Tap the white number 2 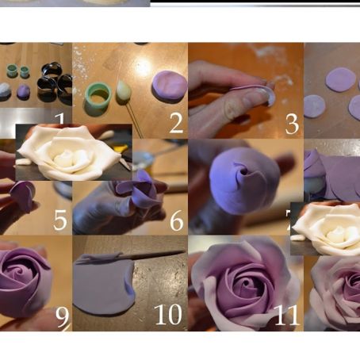click(175, 122)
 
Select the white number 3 click(292, 123)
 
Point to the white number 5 click(60, 220)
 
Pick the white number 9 click(61, 316)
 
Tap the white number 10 click(168, 315)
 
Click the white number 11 click(285, 315)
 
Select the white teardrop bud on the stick click(124, 92)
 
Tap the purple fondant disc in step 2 click(169, 85)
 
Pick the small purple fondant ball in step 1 click(24, 91)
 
